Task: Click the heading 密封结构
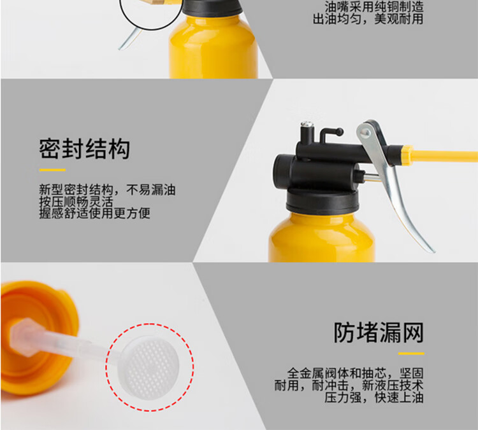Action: (x=84, y=149)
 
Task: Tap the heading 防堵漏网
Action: (x=379, y=333)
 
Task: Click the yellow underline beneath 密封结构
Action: (x=52, y=170)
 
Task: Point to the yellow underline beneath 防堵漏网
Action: (x=411, y=354)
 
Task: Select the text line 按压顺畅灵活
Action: (x=76, y=202)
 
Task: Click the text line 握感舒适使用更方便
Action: (x=94, y=213)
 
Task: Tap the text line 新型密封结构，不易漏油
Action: (x=107, y=190)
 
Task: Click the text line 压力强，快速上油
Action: (x=374, y=398)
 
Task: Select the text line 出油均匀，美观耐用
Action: (x=368, y=19)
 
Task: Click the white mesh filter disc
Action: (x=149, y=368)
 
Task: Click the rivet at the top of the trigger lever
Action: (x=365, y=133)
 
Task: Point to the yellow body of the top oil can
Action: (x=214, y=47)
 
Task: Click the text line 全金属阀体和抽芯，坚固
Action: (x=356, y=373)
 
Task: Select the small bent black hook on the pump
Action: (x=331, y=134)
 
